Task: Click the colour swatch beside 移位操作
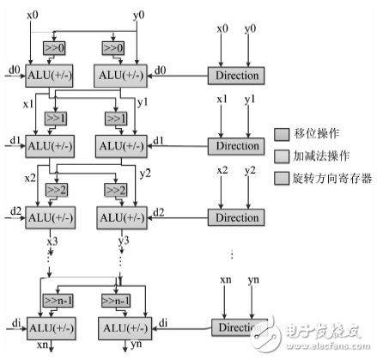[x=282, y=133]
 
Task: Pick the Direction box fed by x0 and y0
[x=236, y=76]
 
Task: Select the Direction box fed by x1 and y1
[x=236, y=145]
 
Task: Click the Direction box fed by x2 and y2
[x=236, y=217]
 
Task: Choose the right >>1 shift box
[x=116, y=117]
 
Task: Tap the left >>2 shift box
[x=58, y=189]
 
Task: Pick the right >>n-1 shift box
[x=118, y=300]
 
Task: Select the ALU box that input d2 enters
[x=52, y=216]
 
